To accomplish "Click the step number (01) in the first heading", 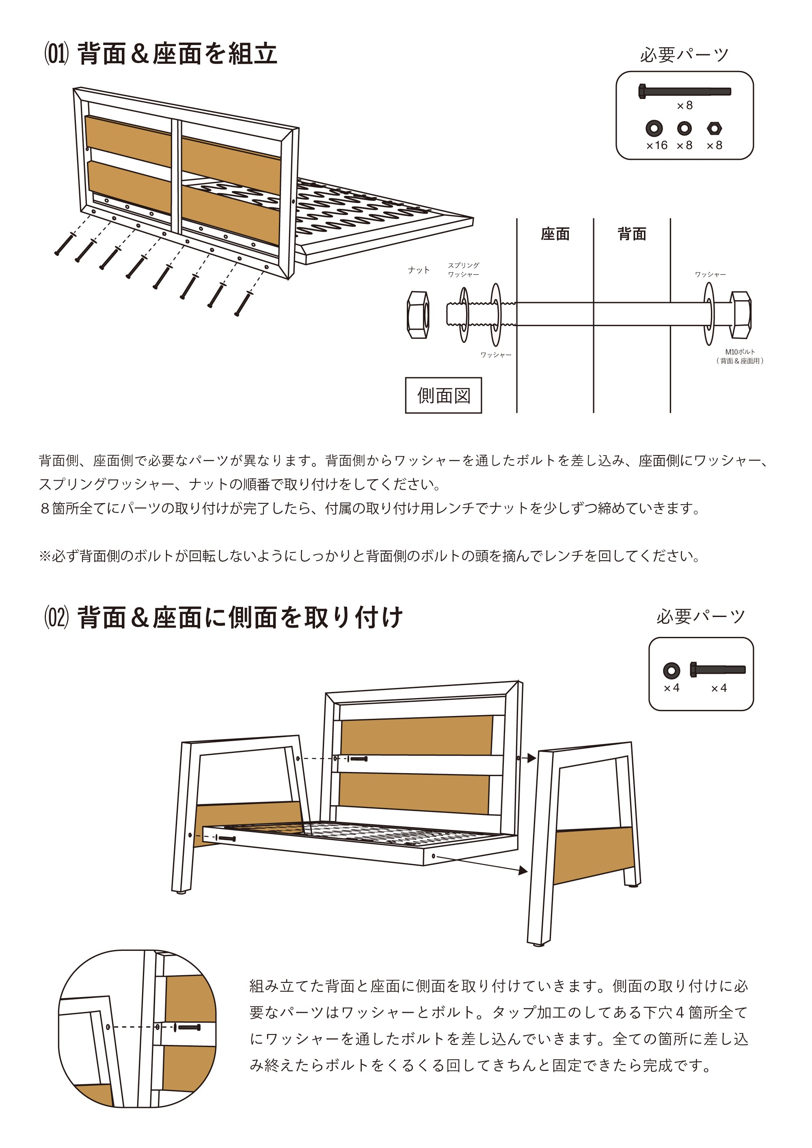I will tap(56, 54).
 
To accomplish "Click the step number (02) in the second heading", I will tap(56, 617).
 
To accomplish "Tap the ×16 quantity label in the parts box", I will tap(657, 146).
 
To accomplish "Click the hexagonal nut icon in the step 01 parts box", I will tap(714, 129).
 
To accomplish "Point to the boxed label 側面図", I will tap(443, 396).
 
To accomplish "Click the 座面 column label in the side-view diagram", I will tap(555, 234).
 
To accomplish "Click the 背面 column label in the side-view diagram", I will tap(632, 234).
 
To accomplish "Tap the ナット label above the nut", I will tap(418, 270).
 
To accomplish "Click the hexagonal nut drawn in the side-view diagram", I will tap(418, 315).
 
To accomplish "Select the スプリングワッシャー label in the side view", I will tap(463, 270).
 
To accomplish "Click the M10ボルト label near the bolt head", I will tap(740, 356).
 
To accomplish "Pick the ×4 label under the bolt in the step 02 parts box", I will tap(719, 688).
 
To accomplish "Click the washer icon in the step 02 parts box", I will tap(672, 670).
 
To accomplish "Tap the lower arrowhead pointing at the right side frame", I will tap(523, 871).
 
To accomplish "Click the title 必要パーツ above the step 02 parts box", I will tap(700, 617).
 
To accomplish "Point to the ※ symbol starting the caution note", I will tap(45, 556).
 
